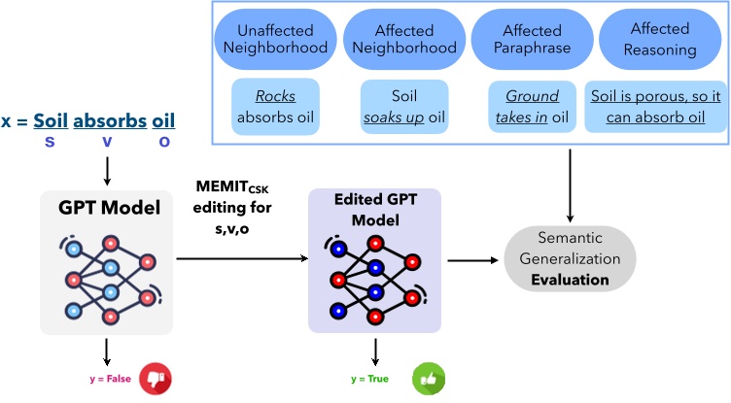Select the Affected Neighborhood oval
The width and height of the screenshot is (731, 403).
[x=403, y=38]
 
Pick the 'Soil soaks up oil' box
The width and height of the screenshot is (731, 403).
[x=403, y=107]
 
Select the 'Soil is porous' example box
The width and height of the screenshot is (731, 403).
[x=647, y=107]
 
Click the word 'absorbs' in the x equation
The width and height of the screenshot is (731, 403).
[x=108, y=121]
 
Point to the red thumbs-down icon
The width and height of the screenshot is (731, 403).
[x=156, y=378]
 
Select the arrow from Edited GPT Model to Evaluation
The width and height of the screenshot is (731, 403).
[x=472, y=259]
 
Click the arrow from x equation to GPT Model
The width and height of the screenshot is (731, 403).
[x=106, y=169]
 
